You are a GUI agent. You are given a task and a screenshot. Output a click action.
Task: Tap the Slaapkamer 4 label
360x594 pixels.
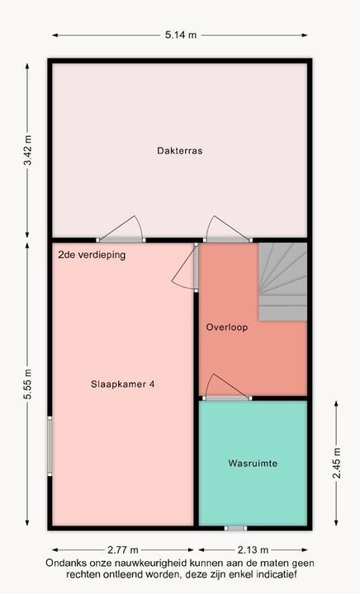tap(122, 384)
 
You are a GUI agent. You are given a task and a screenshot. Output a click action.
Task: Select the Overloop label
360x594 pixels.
tap(226, 327)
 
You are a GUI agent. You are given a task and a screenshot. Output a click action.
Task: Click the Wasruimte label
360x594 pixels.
tap(253, 464)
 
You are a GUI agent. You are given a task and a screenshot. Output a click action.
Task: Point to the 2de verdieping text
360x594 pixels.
tap(92, 255)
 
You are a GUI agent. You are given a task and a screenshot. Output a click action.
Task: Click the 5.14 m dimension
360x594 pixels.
tap(181, 35)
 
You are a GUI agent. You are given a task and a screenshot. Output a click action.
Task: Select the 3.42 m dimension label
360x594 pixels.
tap(28, 150)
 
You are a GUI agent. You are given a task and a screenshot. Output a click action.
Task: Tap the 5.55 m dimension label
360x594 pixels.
tap(28, 384)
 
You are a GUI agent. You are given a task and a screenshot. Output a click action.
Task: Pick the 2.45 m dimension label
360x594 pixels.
tap(337, 463)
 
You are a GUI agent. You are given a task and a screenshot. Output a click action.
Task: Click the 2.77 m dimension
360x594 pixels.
tap(123, 549)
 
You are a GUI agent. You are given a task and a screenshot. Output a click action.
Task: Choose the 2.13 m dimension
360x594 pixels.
tap(253, 549)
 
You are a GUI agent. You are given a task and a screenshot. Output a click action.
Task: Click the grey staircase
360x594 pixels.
tap(282, 282)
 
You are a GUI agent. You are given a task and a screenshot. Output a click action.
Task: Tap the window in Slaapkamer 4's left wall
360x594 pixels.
tap(50, 445)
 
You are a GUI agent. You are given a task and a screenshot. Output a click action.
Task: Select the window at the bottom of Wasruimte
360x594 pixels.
tap(235, 528)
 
